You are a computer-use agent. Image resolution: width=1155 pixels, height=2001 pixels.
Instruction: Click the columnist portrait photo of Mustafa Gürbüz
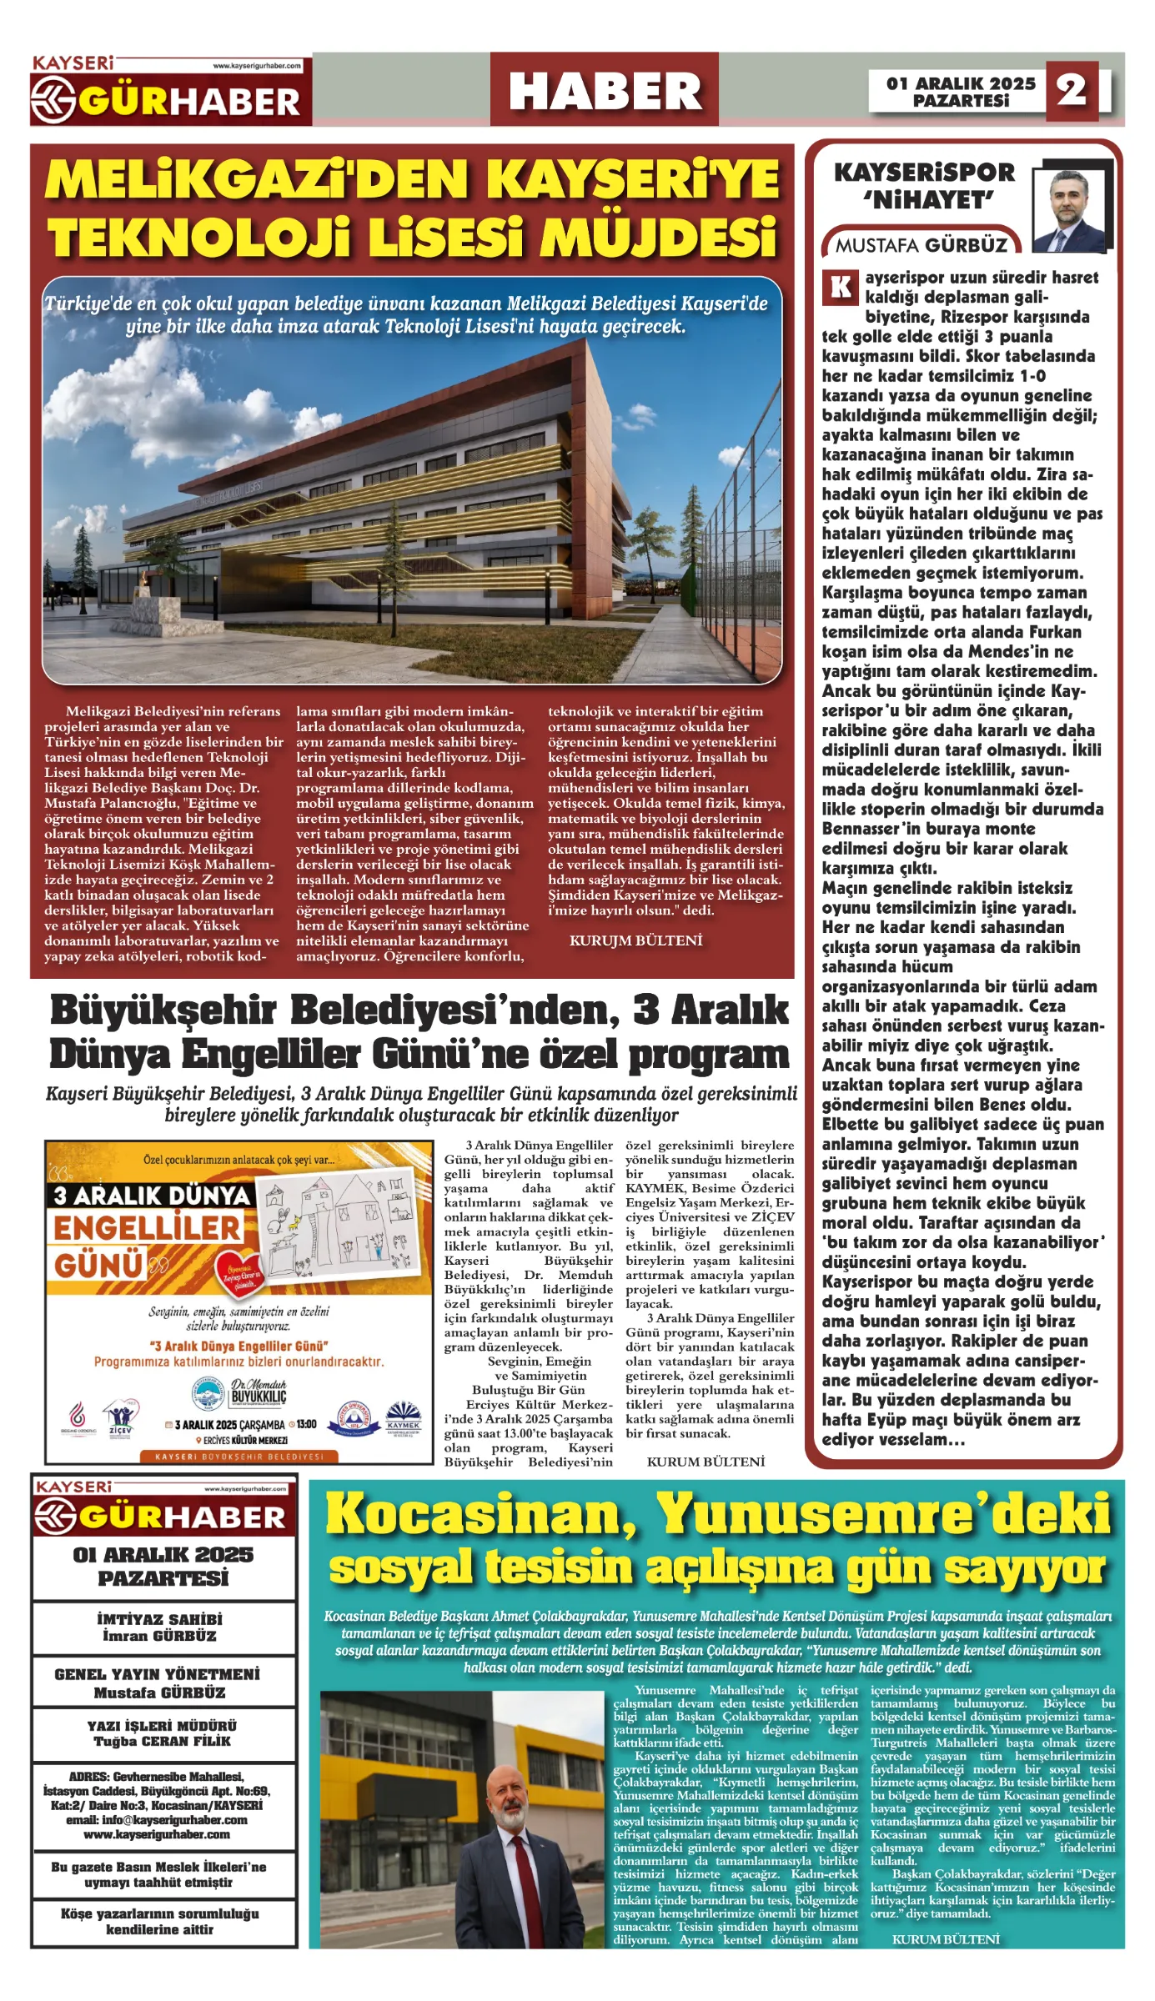click(x=1069, y=211)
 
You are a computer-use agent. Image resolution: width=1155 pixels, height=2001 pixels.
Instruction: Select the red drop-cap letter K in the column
click(x=840, y=287)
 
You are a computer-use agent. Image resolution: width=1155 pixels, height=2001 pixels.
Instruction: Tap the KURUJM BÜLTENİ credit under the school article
click(x=635, y=940)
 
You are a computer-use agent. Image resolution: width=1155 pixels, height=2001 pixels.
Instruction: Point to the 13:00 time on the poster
click(x=306, y=1425)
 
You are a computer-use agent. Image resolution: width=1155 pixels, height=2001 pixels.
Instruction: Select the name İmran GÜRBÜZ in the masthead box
click(x=159, y=1637)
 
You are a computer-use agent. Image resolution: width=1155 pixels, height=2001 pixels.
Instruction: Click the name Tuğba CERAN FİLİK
click(x=163, y=1742)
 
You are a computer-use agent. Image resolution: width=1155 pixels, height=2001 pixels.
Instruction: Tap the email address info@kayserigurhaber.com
click(x=157, y=1820)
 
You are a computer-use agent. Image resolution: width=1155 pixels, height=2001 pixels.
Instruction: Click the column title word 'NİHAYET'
click(x=928, y=201)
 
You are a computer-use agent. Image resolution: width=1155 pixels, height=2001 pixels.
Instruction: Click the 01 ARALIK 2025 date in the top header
click(x=961, y=83)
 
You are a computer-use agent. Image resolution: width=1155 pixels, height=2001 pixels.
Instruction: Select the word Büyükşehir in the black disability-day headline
click(x=163, y=1011)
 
